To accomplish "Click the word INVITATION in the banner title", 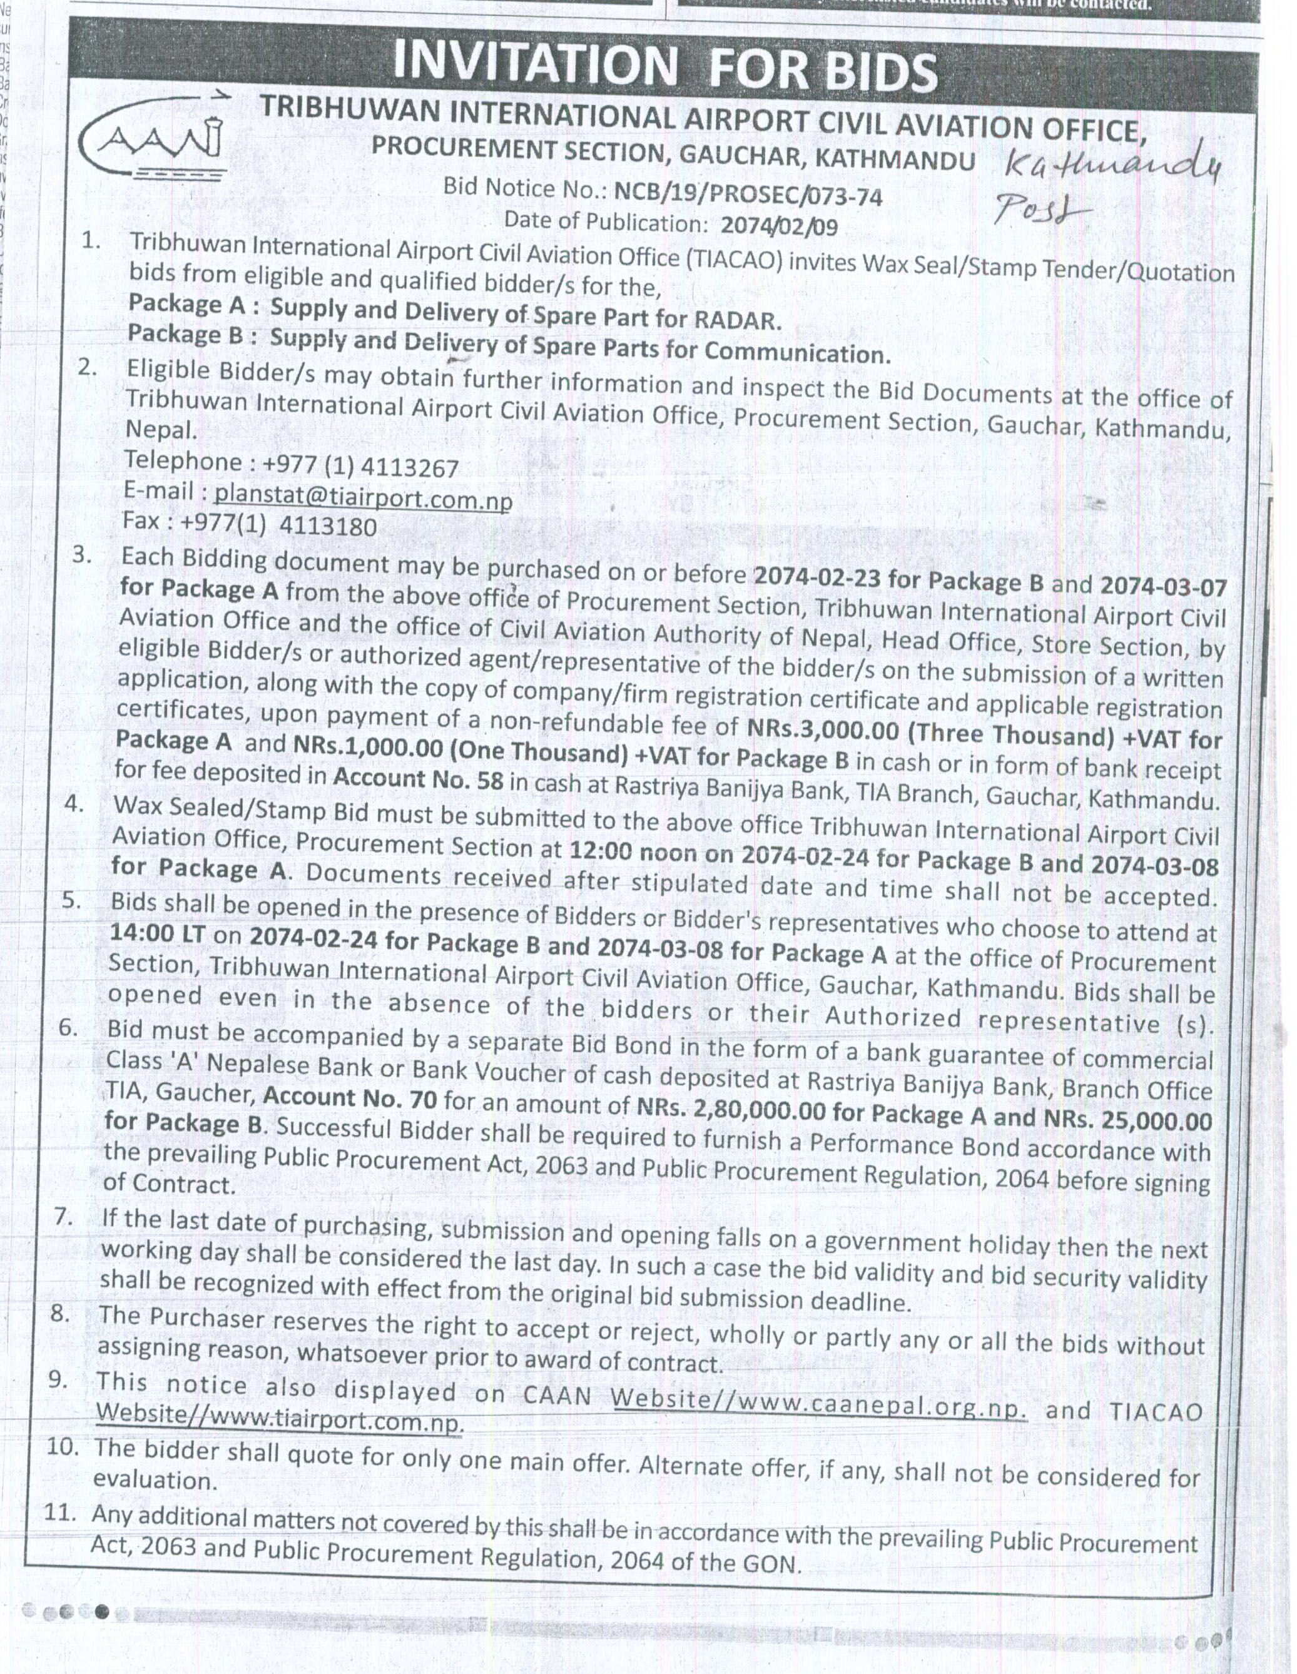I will click(535, 63).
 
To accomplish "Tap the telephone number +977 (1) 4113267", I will click(360, 466).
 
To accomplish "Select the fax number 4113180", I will click(328, 527).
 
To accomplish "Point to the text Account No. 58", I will click(419, 779).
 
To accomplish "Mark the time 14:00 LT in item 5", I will click(158, 933).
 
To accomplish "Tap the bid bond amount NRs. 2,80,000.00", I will click(731, 1108).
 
